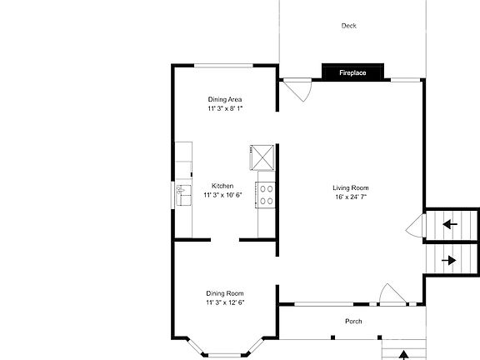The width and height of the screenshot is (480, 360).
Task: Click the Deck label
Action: pos(348,26)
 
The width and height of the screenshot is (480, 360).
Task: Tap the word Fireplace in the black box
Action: pos(352,74)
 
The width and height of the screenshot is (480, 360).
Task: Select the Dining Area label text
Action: pos(225,99)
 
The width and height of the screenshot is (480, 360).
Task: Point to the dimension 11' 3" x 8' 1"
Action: pos(225,108)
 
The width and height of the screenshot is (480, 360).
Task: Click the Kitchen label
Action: pos(222,186)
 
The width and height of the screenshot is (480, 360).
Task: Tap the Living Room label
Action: pos(350,187)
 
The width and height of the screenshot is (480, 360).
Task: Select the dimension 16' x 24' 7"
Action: pos(350,197)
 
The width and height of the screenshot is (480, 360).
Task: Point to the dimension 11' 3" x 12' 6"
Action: pos(225,302)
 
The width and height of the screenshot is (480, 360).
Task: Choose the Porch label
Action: pos(353,322)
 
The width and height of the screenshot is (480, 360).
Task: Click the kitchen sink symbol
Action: pos(182,194)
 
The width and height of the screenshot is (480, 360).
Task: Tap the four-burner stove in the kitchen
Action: pos(267,194)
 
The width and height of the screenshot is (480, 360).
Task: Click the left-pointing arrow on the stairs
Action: pos(450,224)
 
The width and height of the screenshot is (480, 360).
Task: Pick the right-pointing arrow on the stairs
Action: pos(450,260)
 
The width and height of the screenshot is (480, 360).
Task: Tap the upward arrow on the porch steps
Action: pos(404,354)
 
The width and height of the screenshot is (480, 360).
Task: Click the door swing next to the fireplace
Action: pos(295,87)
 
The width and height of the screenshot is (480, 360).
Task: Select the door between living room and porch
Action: pos(390,293)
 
